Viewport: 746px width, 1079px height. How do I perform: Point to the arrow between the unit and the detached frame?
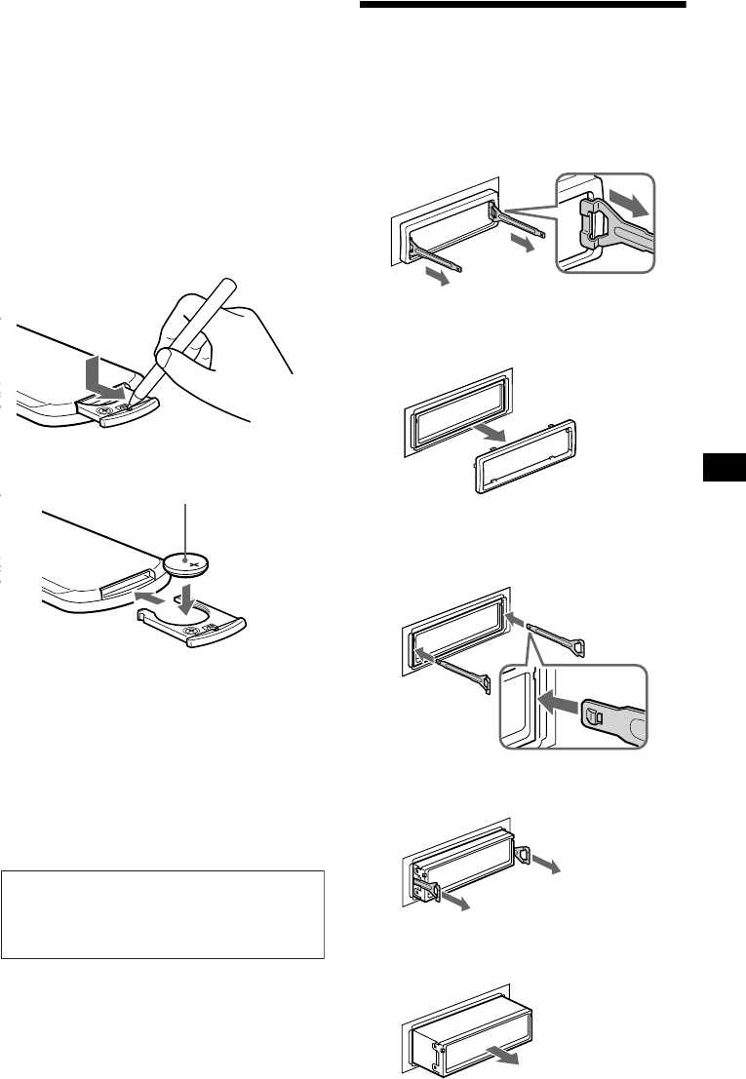coord(493,431)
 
